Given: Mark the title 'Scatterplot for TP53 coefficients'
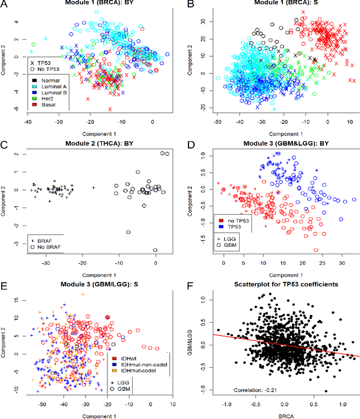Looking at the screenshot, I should [278, 285].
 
